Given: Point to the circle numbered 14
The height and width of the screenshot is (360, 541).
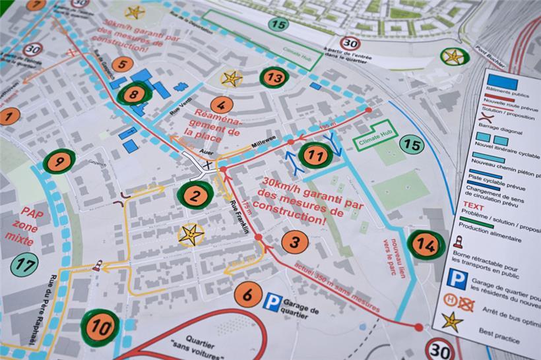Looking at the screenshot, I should point(426,245).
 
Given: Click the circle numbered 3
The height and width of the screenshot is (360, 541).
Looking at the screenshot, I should point(294,242).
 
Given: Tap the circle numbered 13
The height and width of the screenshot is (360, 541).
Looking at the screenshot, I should point(274,78).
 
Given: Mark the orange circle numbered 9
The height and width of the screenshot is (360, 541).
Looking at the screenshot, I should point(59,161).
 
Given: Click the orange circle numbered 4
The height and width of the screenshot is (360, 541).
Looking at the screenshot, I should point(222,104).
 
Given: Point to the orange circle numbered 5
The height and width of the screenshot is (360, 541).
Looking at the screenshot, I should point(122,64).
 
